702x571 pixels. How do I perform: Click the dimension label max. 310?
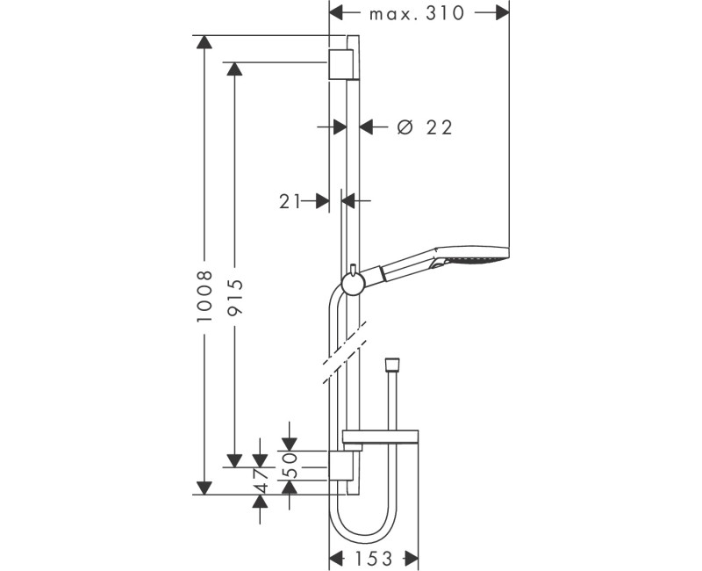(418, 13)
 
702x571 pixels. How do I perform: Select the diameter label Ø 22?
(424, 127)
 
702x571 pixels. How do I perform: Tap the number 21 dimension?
(290, 201)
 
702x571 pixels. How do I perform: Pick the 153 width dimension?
(374, 558)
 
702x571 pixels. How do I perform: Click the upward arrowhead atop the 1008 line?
(204, 42)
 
